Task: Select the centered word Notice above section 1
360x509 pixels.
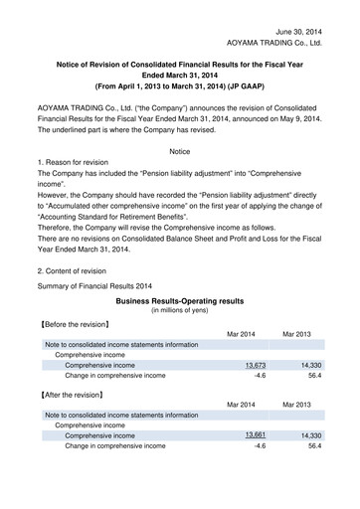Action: pos(179,151)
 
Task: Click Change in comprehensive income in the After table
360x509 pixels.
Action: pos(115,446)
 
